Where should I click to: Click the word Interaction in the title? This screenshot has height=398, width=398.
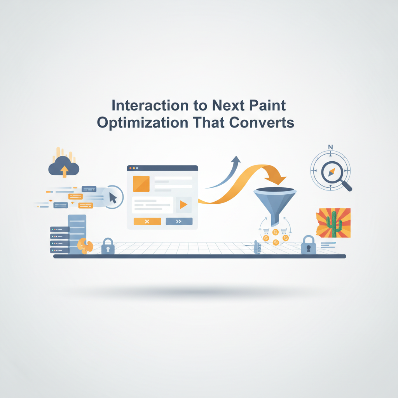pos(150,105)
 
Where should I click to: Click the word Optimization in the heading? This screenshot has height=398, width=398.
pos(143,123)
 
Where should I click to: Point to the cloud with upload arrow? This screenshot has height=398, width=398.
pos(64,166)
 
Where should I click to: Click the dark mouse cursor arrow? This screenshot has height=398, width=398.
pos(113,198)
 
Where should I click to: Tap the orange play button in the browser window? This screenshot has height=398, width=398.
pos(183,204)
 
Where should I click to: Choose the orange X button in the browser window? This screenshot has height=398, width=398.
pos(147,221)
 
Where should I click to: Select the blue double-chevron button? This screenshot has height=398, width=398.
pos(179,221)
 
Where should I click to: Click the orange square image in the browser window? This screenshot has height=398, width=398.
pos(141,183)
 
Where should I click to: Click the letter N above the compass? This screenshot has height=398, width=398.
pos(330,147)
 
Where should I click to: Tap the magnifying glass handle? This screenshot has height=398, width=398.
pos(346,185)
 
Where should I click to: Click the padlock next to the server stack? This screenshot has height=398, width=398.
pos(108,246)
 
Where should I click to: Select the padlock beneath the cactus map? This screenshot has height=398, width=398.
pos(308,245)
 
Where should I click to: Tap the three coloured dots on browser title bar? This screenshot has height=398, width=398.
pos(134,168)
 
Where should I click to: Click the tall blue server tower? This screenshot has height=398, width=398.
pos(77,234)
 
